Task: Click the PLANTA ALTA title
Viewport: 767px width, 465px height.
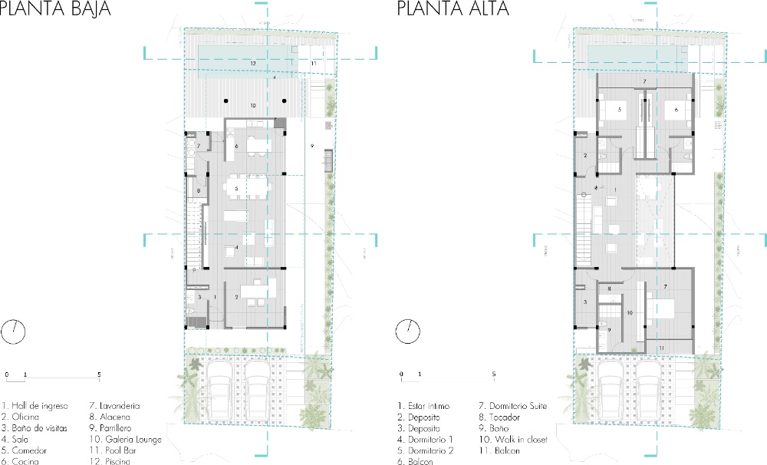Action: [453, 10]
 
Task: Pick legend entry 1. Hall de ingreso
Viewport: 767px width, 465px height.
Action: [35, 405]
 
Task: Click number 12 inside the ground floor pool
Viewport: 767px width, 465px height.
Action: [252, 61]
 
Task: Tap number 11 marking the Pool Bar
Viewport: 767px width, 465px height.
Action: [313, 62]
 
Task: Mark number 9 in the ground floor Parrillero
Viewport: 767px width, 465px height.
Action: [312, 145]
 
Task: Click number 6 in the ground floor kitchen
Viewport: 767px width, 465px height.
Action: [236, 146]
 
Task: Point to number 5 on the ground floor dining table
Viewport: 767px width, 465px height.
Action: [237, 188]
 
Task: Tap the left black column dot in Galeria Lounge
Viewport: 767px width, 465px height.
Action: [227, 101]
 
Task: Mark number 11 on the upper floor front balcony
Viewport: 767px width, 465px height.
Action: [662, 348]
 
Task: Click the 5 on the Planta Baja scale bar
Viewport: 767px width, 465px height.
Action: [99, 375]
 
